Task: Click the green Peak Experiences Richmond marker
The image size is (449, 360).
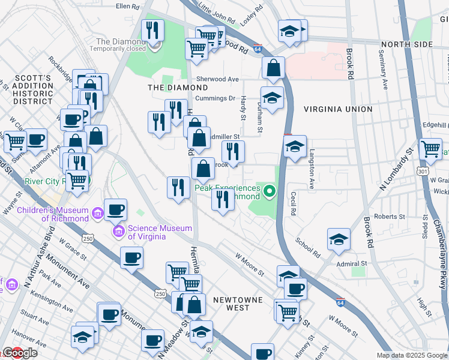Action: point(270,192)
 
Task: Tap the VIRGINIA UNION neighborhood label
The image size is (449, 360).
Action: point(338,109)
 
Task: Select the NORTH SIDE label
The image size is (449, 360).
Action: point(406,44)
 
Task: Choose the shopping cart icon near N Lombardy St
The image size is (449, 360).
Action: point(430,148)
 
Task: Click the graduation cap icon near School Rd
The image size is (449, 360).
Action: point(339,239)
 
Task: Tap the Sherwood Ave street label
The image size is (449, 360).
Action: point(217,79)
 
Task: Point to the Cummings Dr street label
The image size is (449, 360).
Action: point(214,98)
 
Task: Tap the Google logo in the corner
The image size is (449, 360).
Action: point(19,353)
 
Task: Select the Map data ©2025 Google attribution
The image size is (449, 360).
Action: point(411,355)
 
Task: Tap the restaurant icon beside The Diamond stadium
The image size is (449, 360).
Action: point(153,30)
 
